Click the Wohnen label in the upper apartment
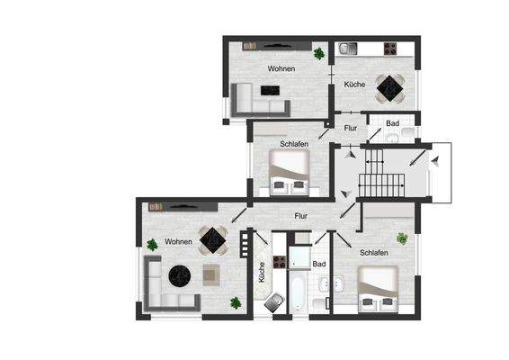pyautogui.click(x=281, y=68)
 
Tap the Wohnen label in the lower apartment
pyautogui.click(x=178, y=242)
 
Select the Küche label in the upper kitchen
pyautogui.click(x=355, y=84)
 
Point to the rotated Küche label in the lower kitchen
pyautogui.click(x=262, y=273)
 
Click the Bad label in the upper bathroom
pyautogui.click(x=392, y=123)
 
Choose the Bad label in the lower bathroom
pyautogui.click(x=318, y=264)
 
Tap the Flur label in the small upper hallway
pyautogui.click(x=351, y=128)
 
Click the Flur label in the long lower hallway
pyautogui.click(x=301, y=216)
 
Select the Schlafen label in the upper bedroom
pyautogui.click(x=294, y=144)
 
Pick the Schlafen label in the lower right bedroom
pyautogui.click(x=374, y=254)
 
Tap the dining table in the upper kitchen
pyautogui.click(x=391, y=85)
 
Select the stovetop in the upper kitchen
pyautogui.click(x=391, y=48)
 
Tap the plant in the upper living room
pyautogui.click(x=319, y=54)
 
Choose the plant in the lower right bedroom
pyautogui.click(x=403, y=238)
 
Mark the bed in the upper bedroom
pyautogui.click(x=290, y=170)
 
